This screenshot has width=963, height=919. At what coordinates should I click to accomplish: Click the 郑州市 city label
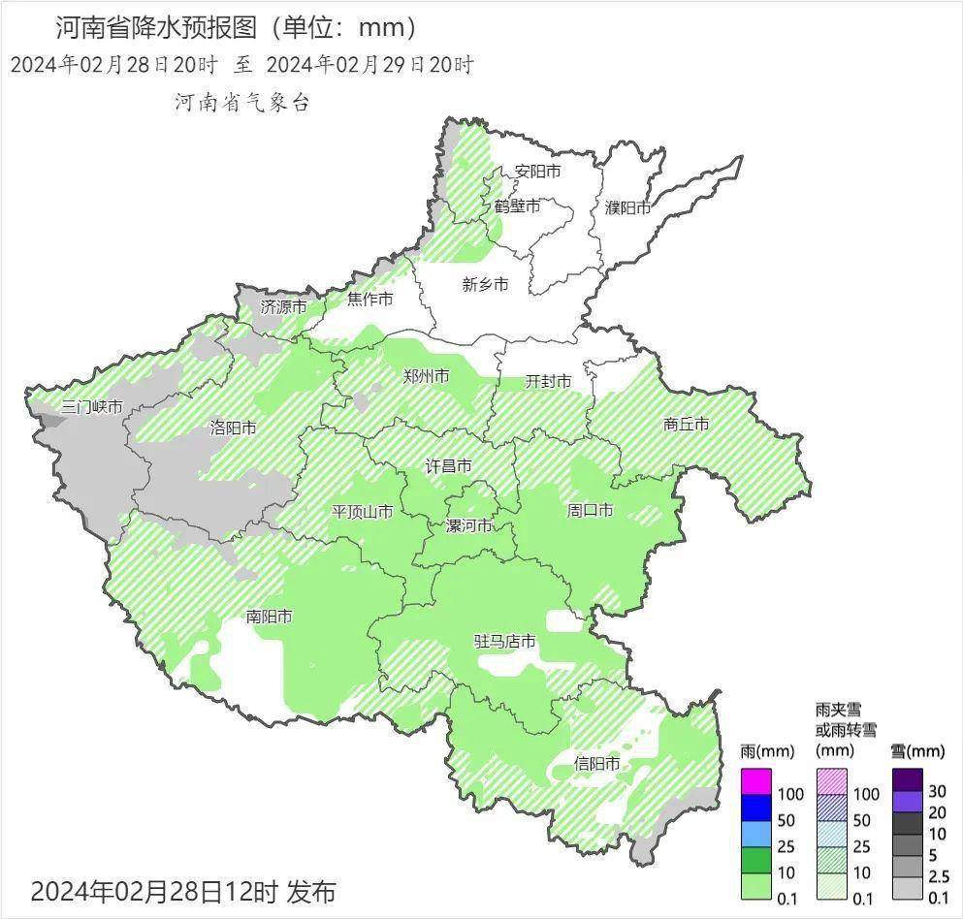coord(426,376)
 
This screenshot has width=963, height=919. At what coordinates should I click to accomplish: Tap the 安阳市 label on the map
coord(537,172)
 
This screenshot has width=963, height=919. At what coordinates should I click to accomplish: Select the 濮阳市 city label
coord(626,207)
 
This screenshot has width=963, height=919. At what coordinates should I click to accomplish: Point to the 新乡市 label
coord(484,284)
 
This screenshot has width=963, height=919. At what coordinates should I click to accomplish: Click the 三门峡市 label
coord(91,407)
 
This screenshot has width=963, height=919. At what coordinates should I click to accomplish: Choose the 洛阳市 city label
coord(233,428)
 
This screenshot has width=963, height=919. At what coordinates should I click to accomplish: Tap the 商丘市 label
coord(686,424)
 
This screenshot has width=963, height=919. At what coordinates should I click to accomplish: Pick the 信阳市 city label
coord(596,764)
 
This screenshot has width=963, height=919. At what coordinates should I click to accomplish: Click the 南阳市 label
coord(269,617)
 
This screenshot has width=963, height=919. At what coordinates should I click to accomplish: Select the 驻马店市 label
coord(504,642)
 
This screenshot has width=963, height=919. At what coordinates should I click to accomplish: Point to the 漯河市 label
coord(468,526)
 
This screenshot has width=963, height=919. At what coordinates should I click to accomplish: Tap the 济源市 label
coord(283,306)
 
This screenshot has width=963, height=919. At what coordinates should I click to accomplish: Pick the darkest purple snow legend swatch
coord(908,779)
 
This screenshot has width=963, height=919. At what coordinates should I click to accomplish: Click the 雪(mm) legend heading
coord(916,751)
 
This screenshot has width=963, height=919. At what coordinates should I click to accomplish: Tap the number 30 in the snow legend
coord(937,792)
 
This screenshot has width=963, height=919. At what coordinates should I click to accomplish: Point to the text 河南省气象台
coord(241,102)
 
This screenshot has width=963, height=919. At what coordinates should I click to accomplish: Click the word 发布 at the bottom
coord(310,890)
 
